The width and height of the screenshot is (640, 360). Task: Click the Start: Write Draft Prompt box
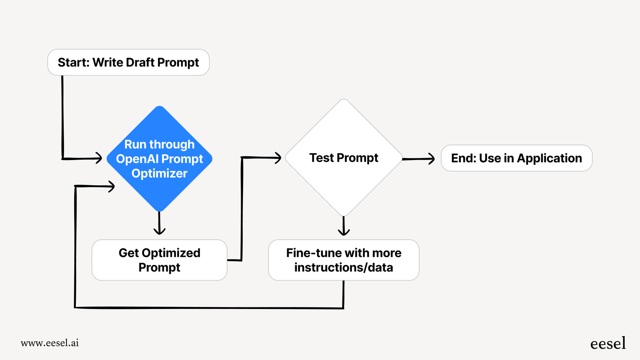click(x=128, y=62)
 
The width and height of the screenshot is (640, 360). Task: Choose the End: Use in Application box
click(x=516, y=158)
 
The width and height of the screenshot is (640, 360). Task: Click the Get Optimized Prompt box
click(x=159, y=260)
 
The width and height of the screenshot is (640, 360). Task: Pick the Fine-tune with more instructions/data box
click(x=344, y=260)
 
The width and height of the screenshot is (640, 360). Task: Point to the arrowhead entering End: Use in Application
click(x=431, y=159)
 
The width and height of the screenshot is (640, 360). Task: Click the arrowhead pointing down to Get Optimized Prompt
click(x=159, y=230)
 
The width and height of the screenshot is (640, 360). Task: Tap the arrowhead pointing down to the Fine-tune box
click(x=344, y=232)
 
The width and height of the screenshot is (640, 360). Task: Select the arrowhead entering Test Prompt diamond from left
click(x=278, y=157)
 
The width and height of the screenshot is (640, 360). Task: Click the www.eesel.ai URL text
click(x=50, y=343)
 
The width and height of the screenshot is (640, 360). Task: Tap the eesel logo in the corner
click(x=608, y=344)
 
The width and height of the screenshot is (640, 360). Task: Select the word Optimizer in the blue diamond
click(x=159, y=173)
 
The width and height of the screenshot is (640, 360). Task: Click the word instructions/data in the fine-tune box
click(x=344, y=267)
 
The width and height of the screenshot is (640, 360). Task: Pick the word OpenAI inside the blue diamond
click(x=137, y=159)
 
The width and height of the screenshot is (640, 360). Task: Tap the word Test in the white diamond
click(x=322, y=158)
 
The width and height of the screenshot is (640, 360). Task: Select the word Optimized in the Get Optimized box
click(x=171, y=253)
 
